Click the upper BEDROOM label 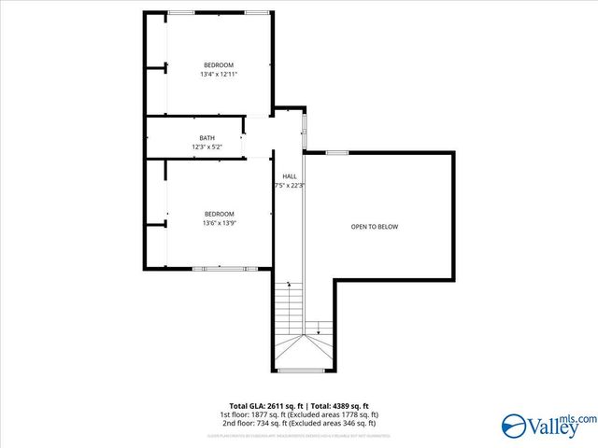click(219, 64)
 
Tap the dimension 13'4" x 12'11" click(219, 74)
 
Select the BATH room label click(206, 138)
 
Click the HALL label click(290, 176)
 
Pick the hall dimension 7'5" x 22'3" click(290, 186)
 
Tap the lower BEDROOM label click(219, 214)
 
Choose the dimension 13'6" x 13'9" click(219, 223)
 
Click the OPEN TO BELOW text click(375, 227)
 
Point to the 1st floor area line click(299, 414)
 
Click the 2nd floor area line click(299, 422)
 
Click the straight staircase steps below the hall click(289, 308)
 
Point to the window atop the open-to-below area click(337, 152)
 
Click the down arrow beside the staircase click(319, 328)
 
